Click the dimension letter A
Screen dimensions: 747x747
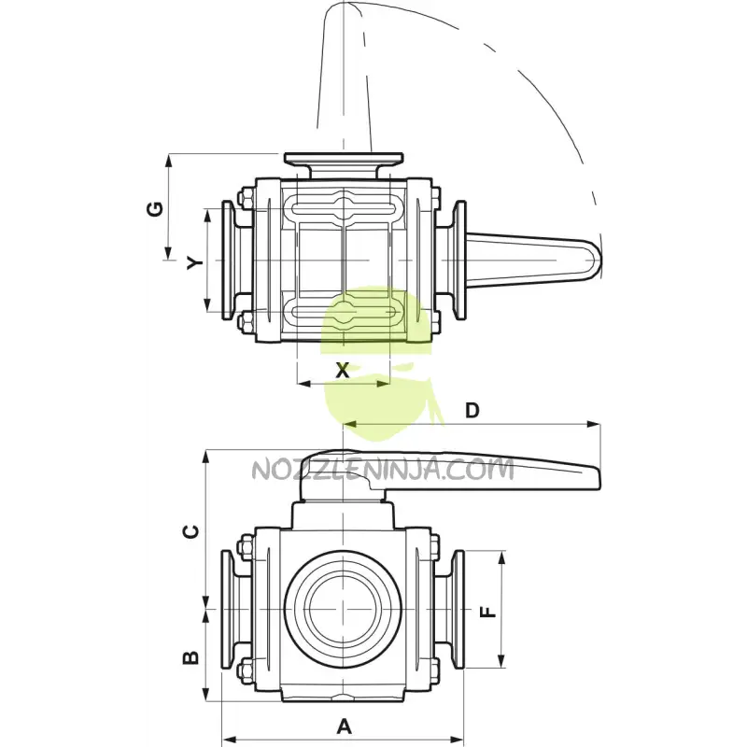point(345,725)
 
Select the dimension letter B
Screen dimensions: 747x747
point(190,657)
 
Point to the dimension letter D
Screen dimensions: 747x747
point(472,410)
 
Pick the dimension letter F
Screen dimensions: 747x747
point(486,613)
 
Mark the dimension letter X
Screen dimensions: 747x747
point(343,371)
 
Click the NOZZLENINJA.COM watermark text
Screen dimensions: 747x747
point(383,469)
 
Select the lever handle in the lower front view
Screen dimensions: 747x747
point(467,472)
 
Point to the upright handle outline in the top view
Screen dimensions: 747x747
point(345,75)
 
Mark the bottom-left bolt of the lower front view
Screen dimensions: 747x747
point(246,669)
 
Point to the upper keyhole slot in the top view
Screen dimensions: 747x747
point(344,205)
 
